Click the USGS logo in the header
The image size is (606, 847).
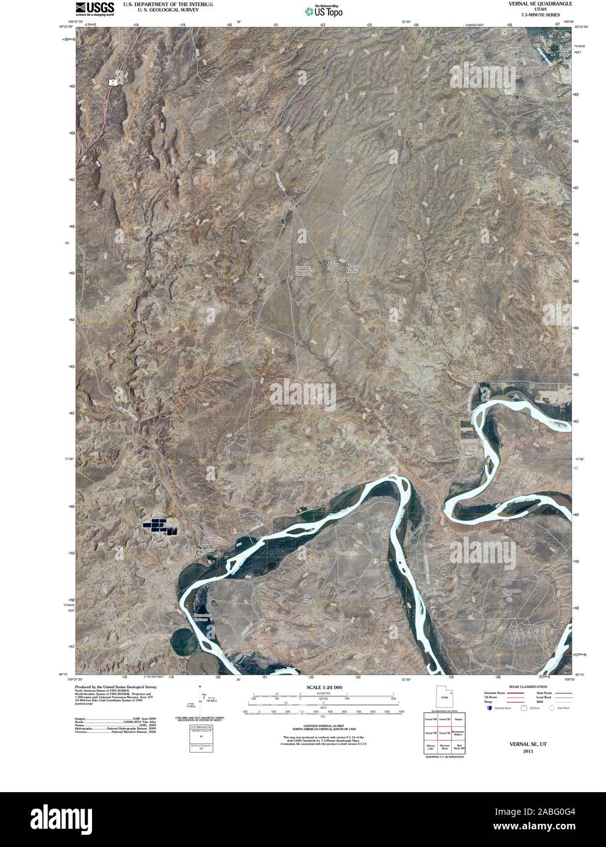click(x=94, y=7)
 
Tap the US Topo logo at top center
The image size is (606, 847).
click(x=323, y=10)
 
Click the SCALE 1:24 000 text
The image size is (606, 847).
click(x=323, y=687)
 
